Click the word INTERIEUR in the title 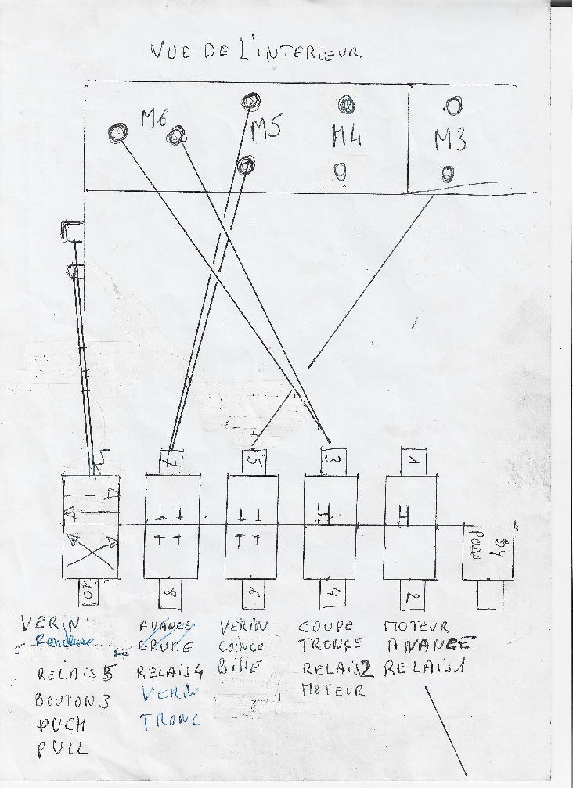309,52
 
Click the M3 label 450,140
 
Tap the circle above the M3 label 452,106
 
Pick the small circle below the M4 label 340,170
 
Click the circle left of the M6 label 117,132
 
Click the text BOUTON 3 72,700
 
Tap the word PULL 62,750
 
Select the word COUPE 326,627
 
